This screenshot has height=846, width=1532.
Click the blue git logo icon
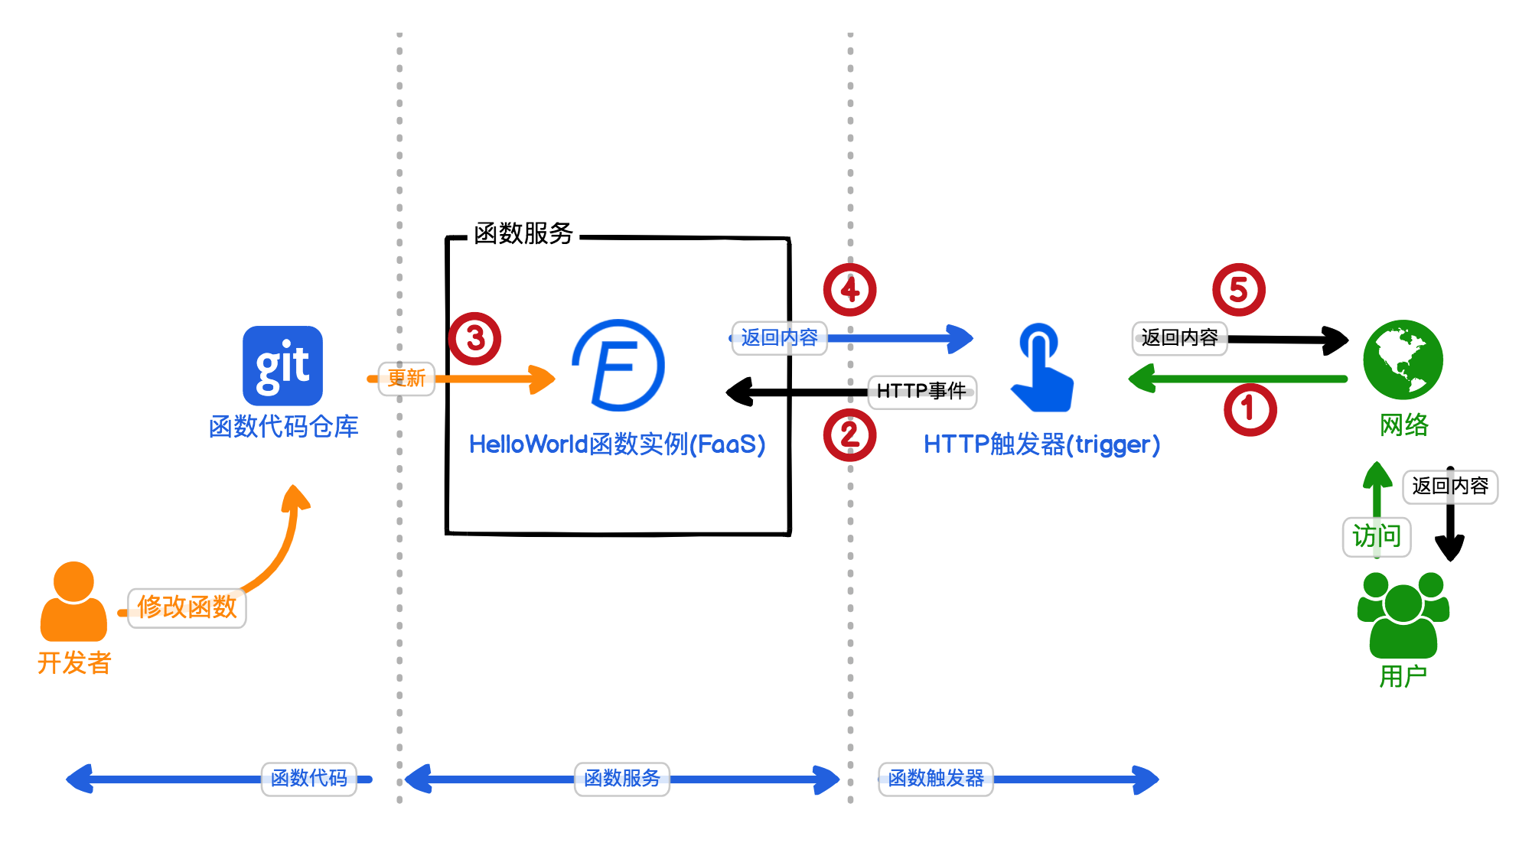(x=282, y=366)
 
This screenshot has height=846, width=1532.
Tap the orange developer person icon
(x=73, y=602)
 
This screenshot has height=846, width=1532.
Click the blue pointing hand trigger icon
(x=1041, y=368)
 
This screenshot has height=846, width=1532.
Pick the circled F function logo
(x=618, y=366)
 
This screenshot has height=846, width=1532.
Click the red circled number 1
(x=1250, y=410)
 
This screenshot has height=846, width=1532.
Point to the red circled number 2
(x=849, y=435)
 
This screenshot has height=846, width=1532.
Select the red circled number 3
(x=474, y=338)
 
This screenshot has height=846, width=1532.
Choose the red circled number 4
(x=849, y=290)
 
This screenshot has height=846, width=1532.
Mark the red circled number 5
(x=1238, y=290)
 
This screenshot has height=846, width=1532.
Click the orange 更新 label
(x=406, y=379)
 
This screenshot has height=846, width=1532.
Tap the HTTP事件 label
(x=921, y=392)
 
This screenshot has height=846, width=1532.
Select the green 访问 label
(x=1376, y=536)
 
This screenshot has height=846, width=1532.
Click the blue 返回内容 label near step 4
(x=779, y=338)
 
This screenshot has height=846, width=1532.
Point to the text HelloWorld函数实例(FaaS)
(x=617, y=444)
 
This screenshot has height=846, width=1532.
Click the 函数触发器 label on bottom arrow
(x=935, y=779)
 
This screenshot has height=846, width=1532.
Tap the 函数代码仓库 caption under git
(x=283, y=427)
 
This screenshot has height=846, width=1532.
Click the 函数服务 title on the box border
(x=523, y=233)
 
